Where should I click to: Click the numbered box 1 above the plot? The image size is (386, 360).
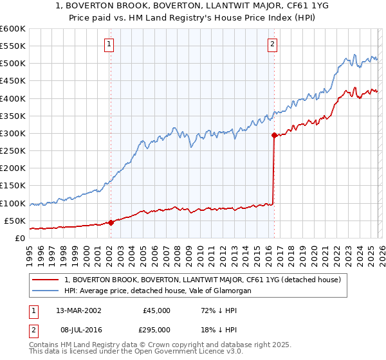109,44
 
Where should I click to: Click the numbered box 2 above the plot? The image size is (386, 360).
273,44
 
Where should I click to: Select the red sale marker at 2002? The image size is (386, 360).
111,222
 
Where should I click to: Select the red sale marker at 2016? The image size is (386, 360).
274,135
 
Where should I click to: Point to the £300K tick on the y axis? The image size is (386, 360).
13,133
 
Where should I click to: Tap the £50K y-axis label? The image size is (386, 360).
15,221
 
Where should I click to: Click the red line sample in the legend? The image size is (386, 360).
46,280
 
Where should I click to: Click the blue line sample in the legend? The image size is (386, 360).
46,291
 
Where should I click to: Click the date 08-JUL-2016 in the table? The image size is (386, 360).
73,328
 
